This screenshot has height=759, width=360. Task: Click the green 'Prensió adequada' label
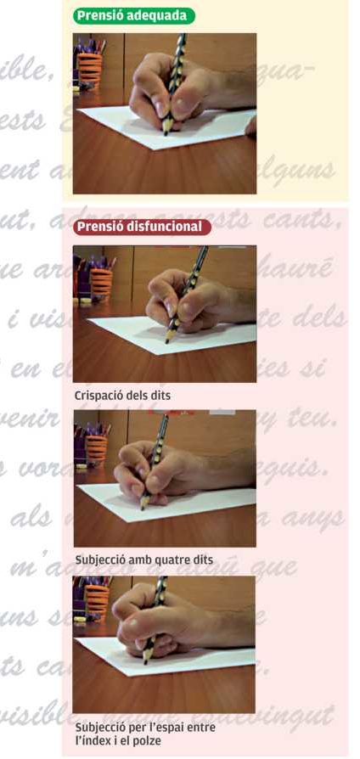tap(133, 15)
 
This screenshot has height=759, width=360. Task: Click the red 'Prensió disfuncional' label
tap(138, 227)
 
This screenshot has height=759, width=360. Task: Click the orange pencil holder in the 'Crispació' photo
tap(100, 278)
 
